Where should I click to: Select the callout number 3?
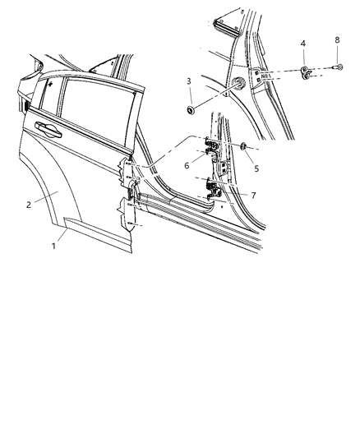click(x=188, y=81)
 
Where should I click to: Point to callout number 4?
click(x=302, y=44)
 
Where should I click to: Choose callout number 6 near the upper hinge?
click(x=187, y=164)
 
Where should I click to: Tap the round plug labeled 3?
click(x=191, y=110)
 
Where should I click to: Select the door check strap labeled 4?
click(x=307, y=73)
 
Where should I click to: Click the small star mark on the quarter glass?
click(x=51, y=84)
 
